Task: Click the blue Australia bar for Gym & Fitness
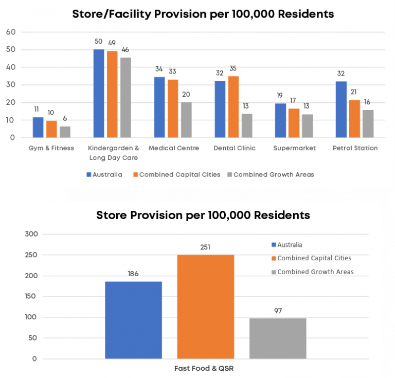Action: pyautogui.click(x=38, y=128)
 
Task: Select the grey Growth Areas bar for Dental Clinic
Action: pyautogui.click(x=247, y=126)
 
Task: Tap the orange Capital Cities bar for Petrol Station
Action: pyautogui.click(x=354, y=119)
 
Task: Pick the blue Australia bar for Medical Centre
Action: pyautogui.click(x=159, y=107)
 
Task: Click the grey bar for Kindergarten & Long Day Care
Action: pyautogui.click(x=125, y=98)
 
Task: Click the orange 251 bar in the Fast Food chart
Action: pyautogui.click(x=205, y=307)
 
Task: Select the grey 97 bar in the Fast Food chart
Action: pyautogui.click(x=278, y=338)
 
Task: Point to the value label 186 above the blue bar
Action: pyautogui.click(x=133, y=274)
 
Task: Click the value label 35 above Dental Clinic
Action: pyautogui.click(x=234, y=68)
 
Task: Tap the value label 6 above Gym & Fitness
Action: pyautogui.click(x=65, y=118)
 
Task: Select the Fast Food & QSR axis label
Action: pyautogui.click(x=206, y=368)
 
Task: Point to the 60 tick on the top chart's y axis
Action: pyautogui.click(x=11, y=32)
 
